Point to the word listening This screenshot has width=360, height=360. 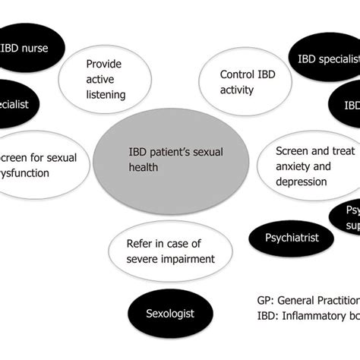point(115,95)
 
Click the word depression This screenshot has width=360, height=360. point(301,182)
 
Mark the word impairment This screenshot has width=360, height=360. point(186,259)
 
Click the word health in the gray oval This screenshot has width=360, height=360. point(143,166)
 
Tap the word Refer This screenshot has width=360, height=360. point(142,244)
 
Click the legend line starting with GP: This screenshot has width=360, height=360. point(308,298)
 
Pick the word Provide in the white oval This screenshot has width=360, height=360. point(104,65)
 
